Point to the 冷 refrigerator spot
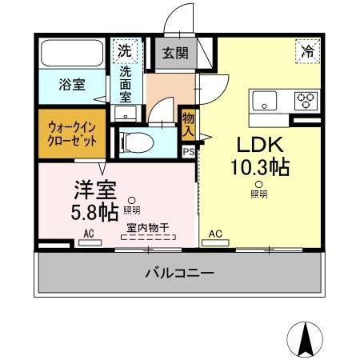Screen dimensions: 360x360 click(306, 50)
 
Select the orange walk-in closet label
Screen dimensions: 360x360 click(72, 133)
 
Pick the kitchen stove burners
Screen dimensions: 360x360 click(306, 101)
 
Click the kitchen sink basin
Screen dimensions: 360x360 click(264, 101)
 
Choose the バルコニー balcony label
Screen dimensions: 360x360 click(179, 274)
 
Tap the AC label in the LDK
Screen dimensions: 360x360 click(215, 234)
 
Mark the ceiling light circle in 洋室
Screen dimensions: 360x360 click(133, 201)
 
